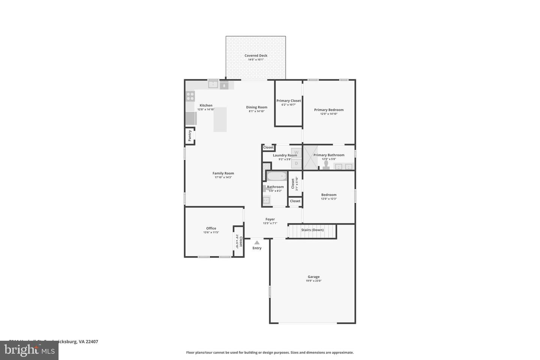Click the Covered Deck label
tap(256, 55)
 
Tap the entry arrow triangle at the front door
tap(257, 243)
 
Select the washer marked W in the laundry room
tap(296, 152)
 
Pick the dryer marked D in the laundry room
tap(296, 163)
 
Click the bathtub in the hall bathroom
tap(277, 176)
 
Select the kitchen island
tap(220, 119)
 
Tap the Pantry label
tap(190, 135)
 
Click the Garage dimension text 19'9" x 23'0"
tap(313, 280)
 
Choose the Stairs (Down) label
tap(312, 230)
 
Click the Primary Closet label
tap(288, 100)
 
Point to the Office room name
tap(211, 228)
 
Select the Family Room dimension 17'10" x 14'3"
tap(223, 177)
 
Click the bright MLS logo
tap(29, 350)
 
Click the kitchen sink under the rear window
tap(213, 85)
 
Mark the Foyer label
tap(270, 219)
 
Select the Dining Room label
tap(256, 107)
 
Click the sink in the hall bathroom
tap(266, 201)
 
